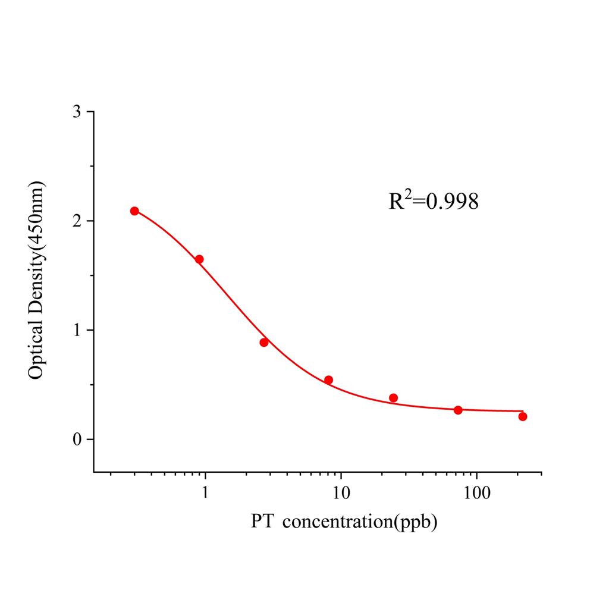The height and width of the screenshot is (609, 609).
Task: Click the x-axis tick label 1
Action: pos(205,492)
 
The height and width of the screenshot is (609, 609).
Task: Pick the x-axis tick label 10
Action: pos(340,492)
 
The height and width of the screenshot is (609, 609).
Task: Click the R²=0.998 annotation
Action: pos(434,202)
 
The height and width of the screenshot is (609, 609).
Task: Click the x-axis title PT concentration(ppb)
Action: pos(344,522)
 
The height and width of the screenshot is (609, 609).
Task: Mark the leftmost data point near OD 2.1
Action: pos(134,211)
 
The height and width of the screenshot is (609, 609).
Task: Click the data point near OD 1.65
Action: pos(199,259)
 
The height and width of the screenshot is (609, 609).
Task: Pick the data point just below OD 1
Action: pos(264,342)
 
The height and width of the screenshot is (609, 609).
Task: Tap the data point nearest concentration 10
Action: pos(328,380)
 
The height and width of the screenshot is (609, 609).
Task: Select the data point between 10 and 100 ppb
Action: pos(393,398)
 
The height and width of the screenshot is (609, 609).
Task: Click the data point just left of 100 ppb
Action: pos(458,410)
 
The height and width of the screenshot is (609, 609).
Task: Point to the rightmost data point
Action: pos(523,416)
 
